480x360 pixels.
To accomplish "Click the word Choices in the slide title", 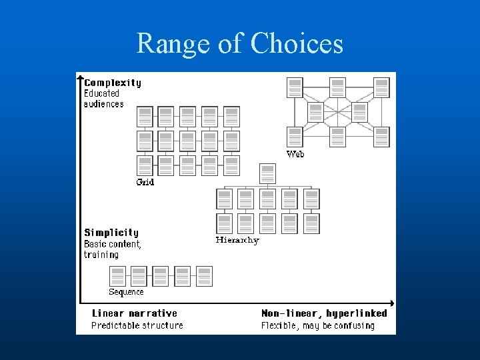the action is click(297, 44).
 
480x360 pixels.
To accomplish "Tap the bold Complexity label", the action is click(113, 83).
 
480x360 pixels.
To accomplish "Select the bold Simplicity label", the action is click(111, 233).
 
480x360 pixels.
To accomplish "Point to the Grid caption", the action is click(145, 182).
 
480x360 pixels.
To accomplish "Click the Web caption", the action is click(295, 154).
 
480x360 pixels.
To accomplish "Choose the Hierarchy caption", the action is click(237, 240).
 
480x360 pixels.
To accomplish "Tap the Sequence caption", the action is click(126, 292).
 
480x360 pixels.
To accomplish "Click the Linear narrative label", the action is click(134, 313).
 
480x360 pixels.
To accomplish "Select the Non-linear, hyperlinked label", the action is click(324, 313).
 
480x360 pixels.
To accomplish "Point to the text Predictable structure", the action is click(137, 325).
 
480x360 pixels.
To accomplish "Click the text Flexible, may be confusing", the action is click(317, 325).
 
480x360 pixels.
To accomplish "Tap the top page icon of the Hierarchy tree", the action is click(267, 174).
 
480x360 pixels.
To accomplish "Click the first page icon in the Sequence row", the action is click(117, 276).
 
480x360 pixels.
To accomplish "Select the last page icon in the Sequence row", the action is click(204, 276).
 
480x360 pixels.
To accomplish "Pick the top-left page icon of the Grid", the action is click(145, 117).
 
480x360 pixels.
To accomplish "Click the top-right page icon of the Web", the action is click(381, 87).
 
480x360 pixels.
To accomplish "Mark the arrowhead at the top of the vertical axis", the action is click(80, 77).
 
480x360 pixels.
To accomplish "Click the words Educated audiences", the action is click(103, 99).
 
